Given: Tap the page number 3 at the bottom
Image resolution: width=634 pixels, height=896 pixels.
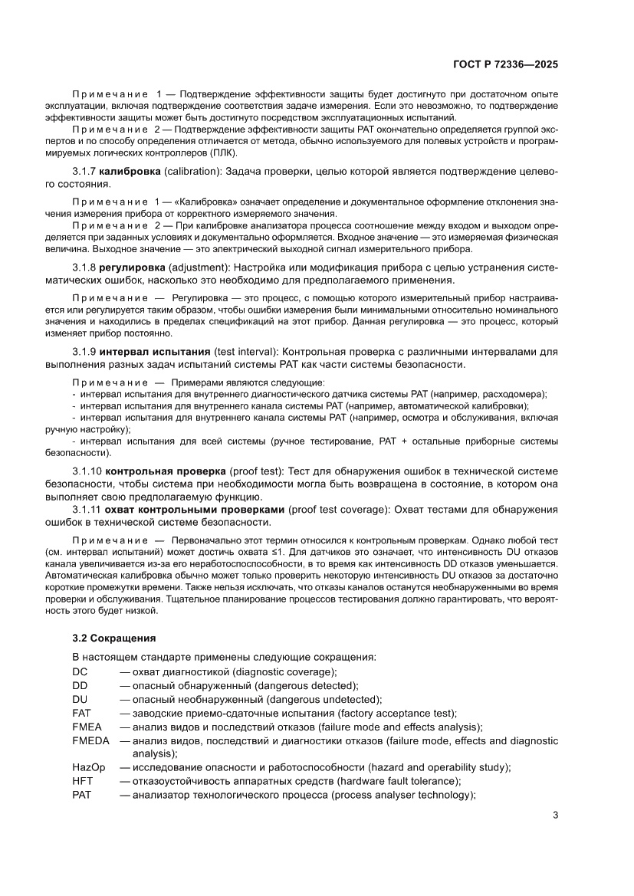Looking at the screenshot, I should [x=555, y=815].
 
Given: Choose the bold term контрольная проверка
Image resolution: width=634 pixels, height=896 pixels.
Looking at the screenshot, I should [x=166, y=469].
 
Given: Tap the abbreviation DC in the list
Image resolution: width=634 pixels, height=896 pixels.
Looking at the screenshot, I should [x=80, y=671].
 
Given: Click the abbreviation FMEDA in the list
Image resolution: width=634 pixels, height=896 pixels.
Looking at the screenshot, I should [x=90, y=741].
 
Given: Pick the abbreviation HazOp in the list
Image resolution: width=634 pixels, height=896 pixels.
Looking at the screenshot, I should [x=88, y=767].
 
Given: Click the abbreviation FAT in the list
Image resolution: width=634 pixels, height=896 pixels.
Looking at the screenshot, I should [x=82, y=713].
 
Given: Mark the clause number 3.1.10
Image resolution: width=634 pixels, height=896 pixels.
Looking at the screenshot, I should [x=87, y=469].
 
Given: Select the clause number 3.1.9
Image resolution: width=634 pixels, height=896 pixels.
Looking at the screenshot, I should [x=84, y=350].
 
